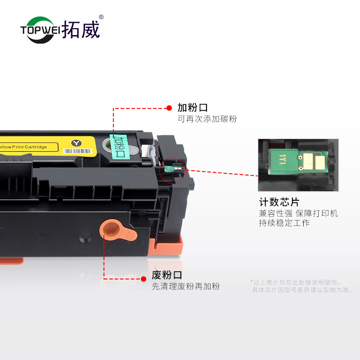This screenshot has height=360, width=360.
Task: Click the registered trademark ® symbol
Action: [101, 18]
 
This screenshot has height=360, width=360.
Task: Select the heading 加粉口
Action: [193, 108]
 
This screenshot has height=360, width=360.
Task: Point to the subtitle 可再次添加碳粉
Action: [207, 119]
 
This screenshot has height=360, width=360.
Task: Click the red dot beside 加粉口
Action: [169, 108]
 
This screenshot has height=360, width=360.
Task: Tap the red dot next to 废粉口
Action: [144, 279]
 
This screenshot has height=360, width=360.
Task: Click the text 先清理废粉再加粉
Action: [185, 287]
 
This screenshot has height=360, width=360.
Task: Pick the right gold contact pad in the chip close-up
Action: [318, 161]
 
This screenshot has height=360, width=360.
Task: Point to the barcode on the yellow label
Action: [77, 151]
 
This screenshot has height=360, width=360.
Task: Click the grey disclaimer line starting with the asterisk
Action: [295, 282]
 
